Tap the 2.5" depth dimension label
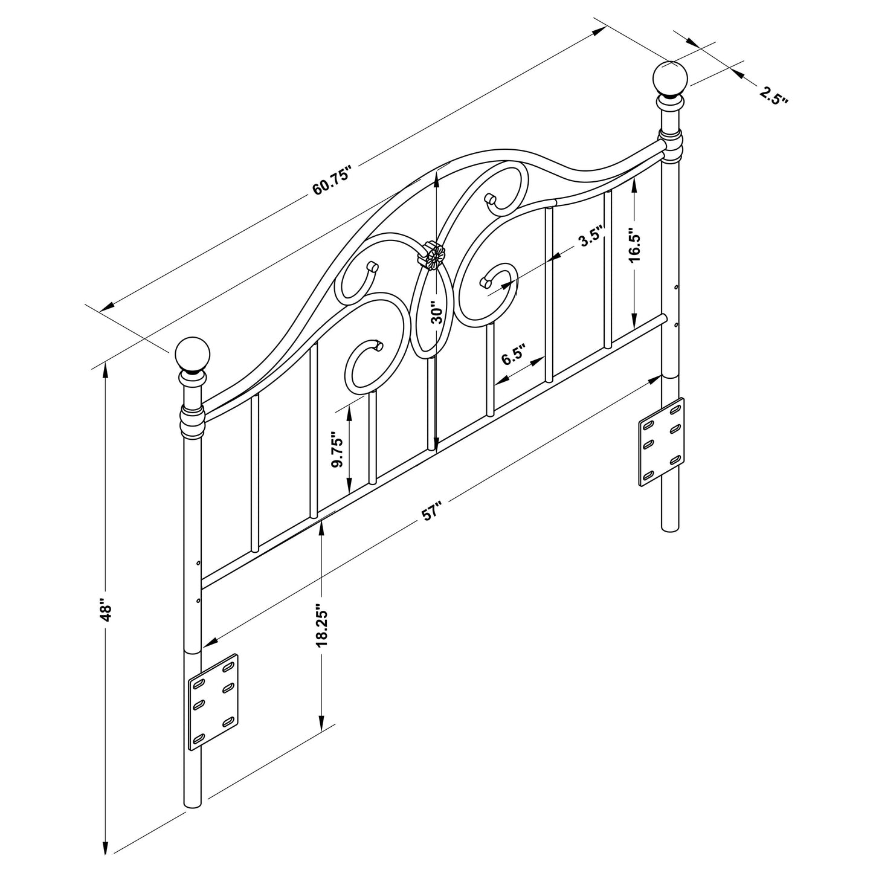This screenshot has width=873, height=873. point(774,96)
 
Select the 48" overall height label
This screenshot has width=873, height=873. point(107,611)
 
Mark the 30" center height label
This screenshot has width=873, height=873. point(437,313)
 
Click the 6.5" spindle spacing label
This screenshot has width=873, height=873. point(514,356)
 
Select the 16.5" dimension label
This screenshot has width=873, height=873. point(633,245)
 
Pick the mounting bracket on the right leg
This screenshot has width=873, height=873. point(662,441)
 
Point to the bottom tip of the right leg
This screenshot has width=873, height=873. point(671,530)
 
